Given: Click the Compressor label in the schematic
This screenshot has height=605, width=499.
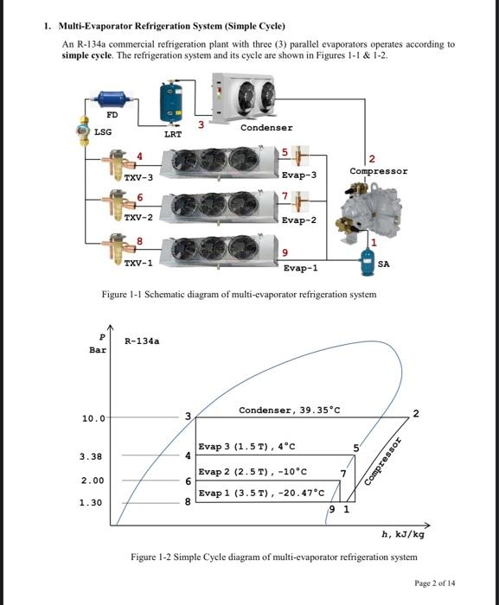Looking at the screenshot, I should pyautogui.click(x=379, y=171).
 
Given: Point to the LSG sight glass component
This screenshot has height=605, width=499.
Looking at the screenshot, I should pyautogui.click(x=83, y=131).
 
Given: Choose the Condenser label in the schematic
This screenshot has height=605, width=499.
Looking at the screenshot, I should pyautogui.click(x=265, y=127).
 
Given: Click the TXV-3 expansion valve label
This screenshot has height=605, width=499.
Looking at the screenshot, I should pyautogui.click(x=138, y=176).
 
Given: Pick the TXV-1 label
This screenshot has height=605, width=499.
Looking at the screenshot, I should pyautogui.click(x=138, y=261).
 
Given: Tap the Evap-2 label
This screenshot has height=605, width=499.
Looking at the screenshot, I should pyautogui.click(x=299, y=220).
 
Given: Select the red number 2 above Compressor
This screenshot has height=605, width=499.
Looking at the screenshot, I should pyautogui.click(x=372, y=158).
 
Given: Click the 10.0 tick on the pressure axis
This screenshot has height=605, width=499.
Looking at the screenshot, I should pyautogui.click(x=93, y=418).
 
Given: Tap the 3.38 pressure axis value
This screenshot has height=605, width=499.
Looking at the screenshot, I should pyautogui.click(x=91, y=455).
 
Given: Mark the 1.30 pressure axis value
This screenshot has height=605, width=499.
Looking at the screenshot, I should pyautogui.click(x=91, y=501).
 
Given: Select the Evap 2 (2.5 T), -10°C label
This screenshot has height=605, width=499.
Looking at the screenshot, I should pyautogui.click(x=253, y=473).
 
